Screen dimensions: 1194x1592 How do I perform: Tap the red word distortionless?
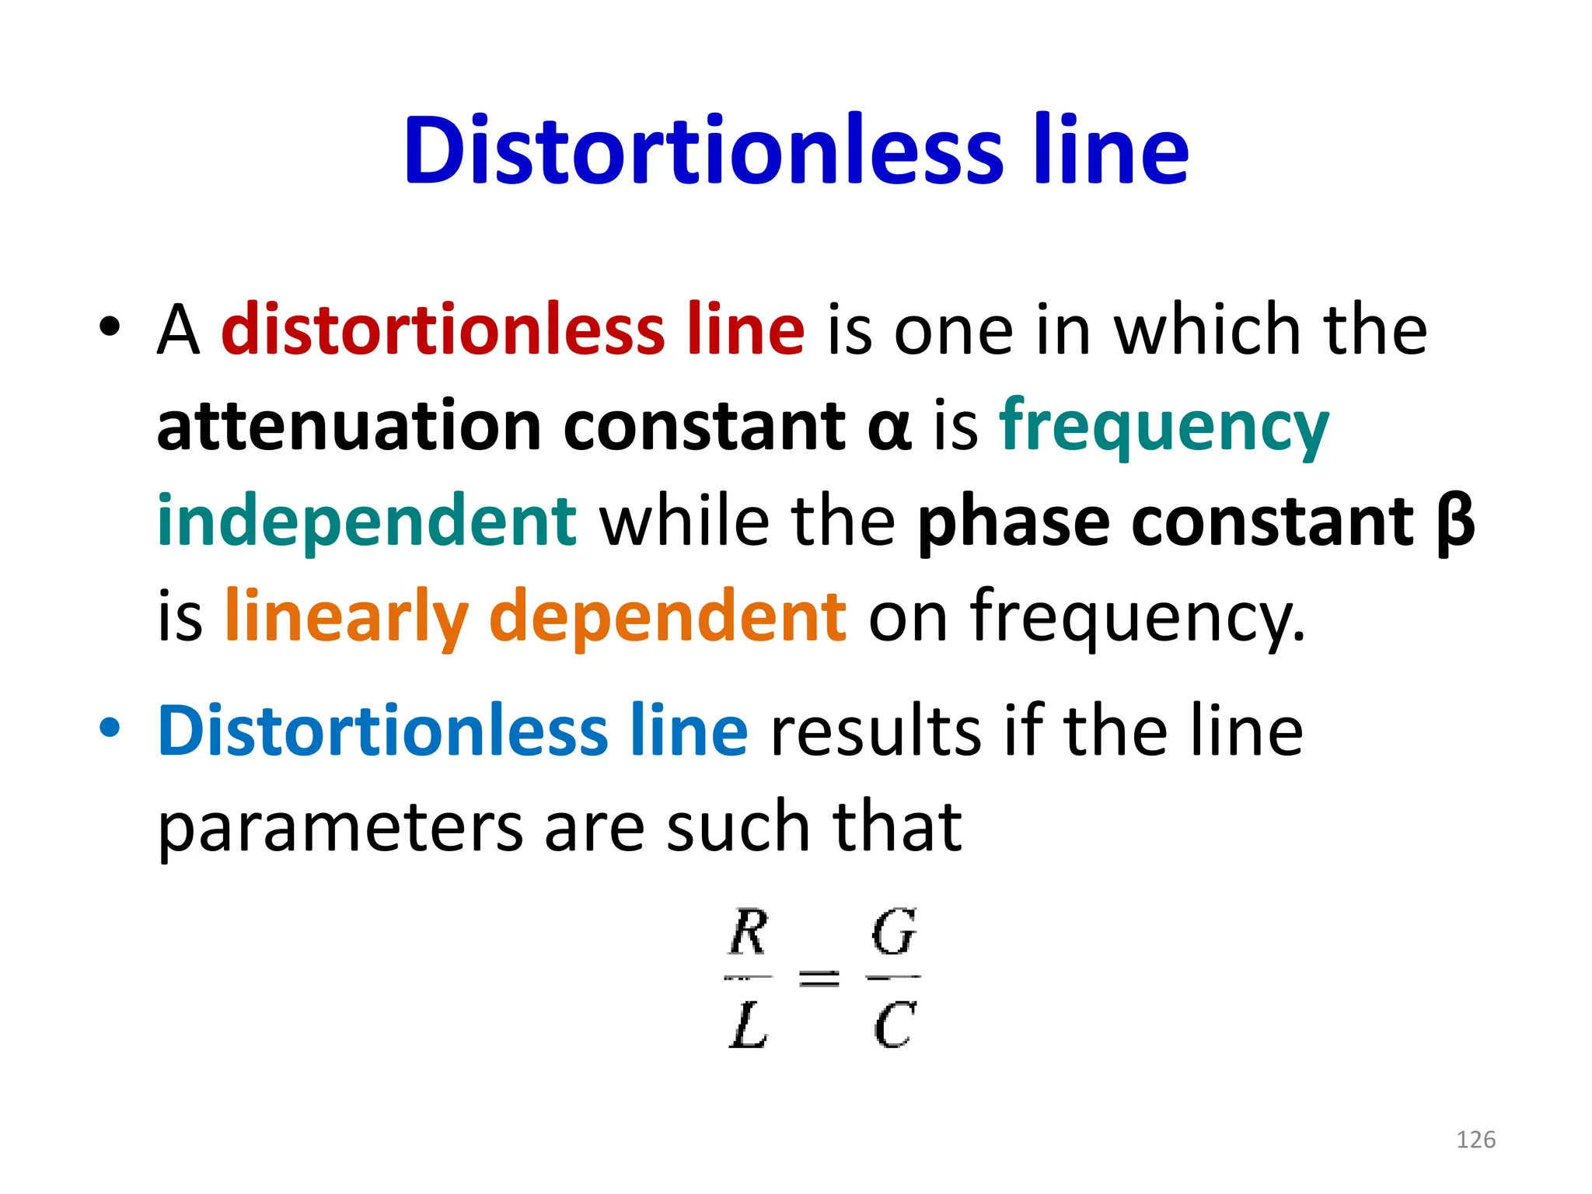point(442,330)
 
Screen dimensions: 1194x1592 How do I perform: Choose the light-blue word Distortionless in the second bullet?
point(381,731)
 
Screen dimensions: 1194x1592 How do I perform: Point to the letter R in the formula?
point(749,932)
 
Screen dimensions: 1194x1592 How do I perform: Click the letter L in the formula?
point(749,1025)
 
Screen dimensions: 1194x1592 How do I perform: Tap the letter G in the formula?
point(894,932)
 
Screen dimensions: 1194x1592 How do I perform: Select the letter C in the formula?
point(894,1025)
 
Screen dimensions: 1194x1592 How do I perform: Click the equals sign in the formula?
point(819,978)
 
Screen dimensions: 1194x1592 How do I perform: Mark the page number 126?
point(1475,1140)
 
